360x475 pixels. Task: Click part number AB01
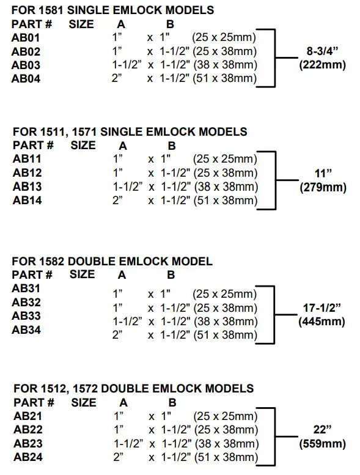tap(26, 38)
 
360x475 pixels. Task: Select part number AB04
tap(26, 78)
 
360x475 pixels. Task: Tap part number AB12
tap(26, 172)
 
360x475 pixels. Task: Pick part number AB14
tap(26, 199)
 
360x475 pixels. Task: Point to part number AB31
tap(26, 288)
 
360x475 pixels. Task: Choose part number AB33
tap(26, 316)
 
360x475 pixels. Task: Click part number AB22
tap(26, 430)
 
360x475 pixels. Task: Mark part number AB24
tap(26, 457)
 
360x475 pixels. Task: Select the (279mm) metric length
tap(322, 188)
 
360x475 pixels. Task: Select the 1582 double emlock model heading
tap(112, 261)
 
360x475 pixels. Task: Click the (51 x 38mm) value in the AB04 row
tap(224, 78)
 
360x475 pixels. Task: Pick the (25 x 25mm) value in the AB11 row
tap(224, 159)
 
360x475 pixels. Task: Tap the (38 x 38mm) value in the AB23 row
tap(224, 444)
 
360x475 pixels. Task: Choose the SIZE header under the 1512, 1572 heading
tap(84, 402)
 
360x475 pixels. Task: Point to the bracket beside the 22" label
tap(273, 436)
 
